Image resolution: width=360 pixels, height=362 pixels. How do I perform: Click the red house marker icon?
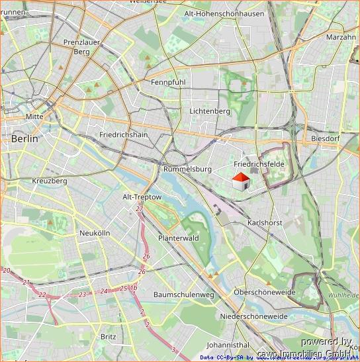[x=242, y=181]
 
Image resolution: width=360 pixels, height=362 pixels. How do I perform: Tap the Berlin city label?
[x=24, y=139]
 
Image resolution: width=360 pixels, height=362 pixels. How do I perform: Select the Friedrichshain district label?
[x=124, y=134]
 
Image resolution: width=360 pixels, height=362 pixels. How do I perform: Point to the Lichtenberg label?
[x=210, y=111]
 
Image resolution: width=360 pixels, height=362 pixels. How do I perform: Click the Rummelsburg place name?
[x=187, y=169]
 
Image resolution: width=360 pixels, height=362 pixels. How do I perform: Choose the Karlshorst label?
[x=264, y=224]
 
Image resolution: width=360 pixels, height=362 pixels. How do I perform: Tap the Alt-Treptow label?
[x=142, y=197]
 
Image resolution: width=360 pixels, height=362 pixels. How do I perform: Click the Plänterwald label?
[x=179, y=238]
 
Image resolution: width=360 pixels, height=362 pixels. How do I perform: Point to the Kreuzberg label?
[x=50, y=181]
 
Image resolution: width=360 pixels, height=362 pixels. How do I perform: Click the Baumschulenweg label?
[x=183, y=294]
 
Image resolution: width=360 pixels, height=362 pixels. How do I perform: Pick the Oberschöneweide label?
[x=264, y=292]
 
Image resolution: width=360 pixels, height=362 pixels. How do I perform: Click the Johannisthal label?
[x=228, y=345]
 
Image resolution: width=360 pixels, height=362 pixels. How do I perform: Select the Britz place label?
[x=108, y=336]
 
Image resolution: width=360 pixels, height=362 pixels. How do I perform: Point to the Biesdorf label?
[x=325, y=139]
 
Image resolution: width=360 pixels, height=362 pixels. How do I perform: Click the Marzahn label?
[x=341, y=37]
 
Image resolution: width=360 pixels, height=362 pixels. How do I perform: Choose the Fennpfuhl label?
[x=168, y=82]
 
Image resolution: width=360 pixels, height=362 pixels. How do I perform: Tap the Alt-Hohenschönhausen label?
[x=224, y=13]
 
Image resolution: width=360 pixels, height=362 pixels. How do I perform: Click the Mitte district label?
[x=34, y=116]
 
